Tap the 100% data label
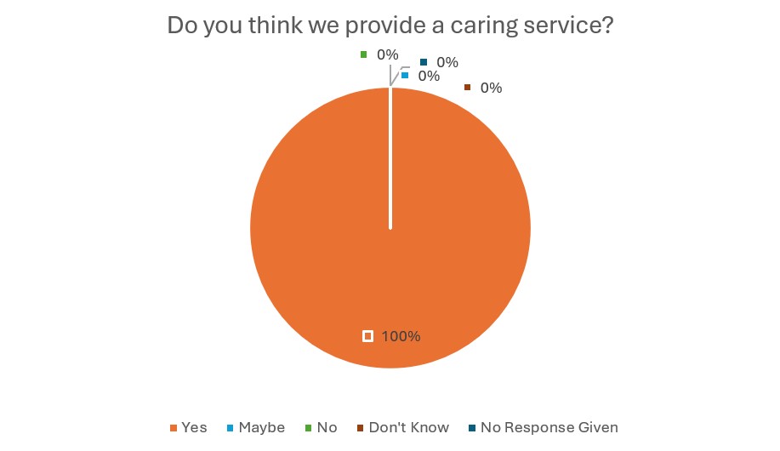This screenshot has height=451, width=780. pos(401,336)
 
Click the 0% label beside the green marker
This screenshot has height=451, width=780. pos(388,54)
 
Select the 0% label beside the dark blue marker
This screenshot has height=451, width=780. pos(447,62)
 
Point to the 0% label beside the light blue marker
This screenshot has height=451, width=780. pos(429,76)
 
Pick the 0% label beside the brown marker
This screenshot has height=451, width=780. pos(491,88)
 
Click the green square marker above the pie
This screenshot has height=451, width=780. pos(364,54)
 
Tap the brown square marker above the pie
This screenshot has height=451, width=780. pos(467,87)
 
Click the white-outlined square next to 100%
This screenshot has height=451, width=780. pos(367,336)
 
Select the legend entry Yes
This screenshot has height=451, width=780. pos(194,427)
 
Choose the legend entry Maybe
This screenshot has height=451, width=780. pos(261,427)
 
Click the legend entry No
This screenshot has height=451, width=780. pos(327,427)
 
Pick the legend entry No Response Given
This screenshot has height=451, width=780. pos(549,427)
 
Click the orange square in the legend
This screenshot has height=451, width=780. pos(174,427)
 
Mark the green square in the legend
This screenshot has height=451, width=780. pos(310,427)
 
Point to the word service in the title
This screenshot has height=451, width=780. pos(564,25)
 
